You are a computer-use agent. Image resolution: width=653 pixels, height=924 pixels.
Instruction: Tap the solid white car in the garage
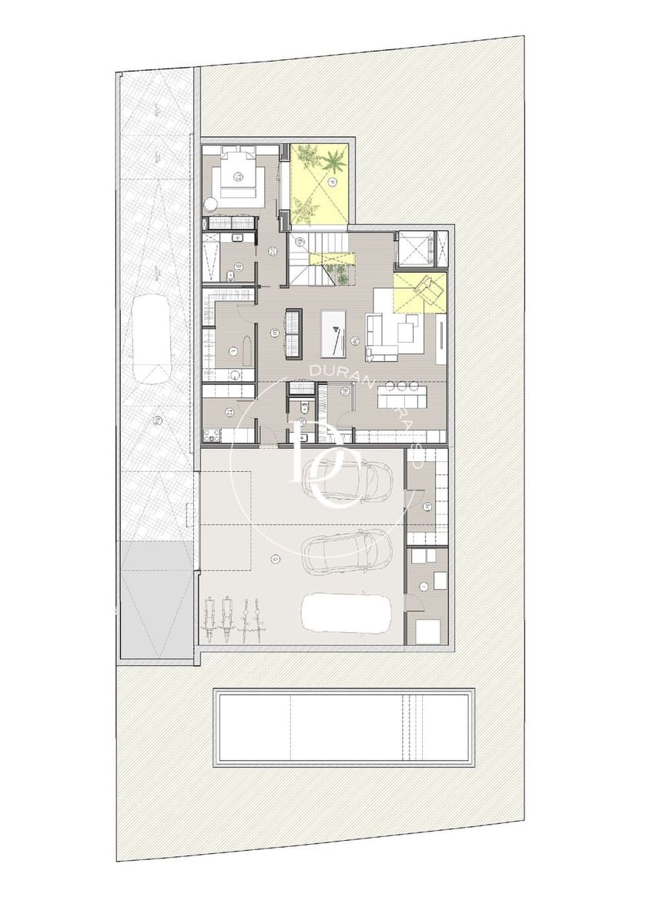[x=349, y=614]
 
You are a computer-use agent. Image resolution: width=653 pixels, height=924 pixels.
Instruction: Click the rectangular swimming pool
[x=343, y=728]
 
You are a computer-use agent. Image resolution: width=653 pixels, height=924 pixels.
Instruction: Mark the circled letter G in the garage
[x=274, y=560]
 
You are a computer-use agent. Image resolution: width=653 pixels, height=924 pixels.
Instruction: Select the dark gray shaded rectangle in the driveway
[x=156, y=600]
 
